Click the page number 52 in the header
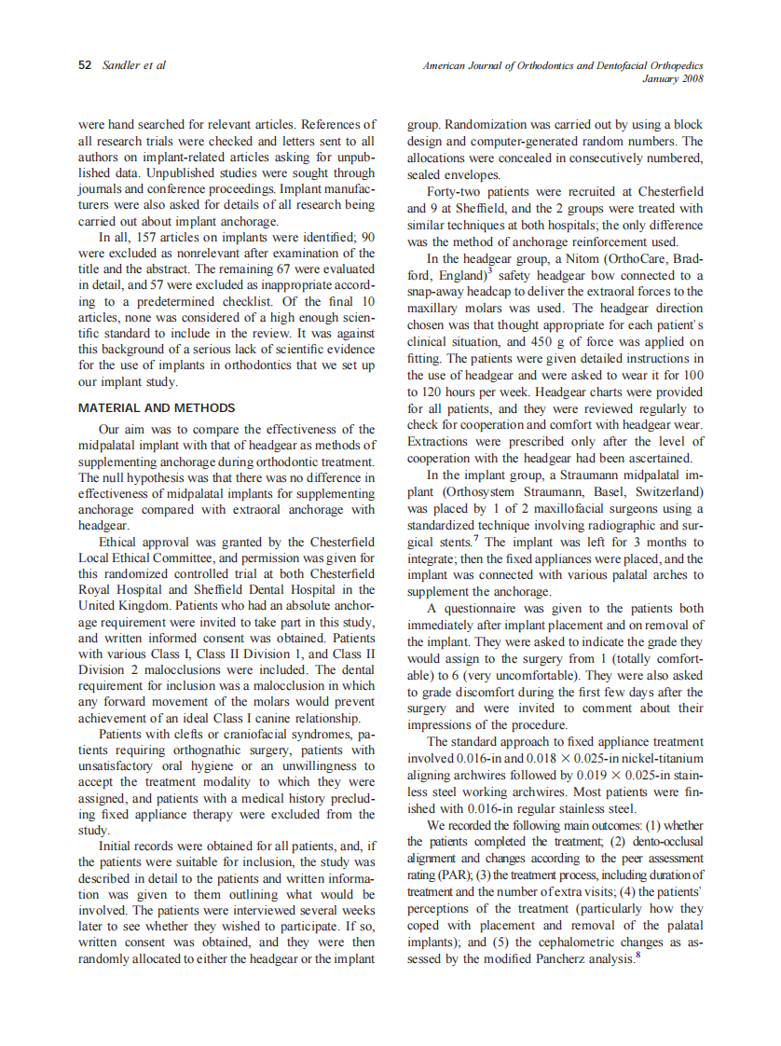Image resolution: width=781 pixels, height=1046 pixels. pyautogui.click(x=85, y=65)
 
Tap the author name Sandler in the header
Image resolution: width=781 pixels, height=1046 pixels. pyautogui.click(x=121, y=65)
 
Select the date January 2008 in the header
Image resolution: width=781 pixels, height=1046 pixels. pyautogui.click(x=673, y=78)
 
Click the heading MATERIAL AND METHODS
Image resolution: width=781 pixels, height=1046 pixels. pyautogui.click(x=157, y=408)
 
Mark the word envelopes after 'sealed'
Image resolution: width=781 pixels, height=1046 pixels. pyautogui.click(x=473, y=175)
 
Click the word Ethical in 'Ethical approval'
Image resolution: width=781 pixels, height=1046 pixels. pyautogui.click(x=122, y=542)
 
